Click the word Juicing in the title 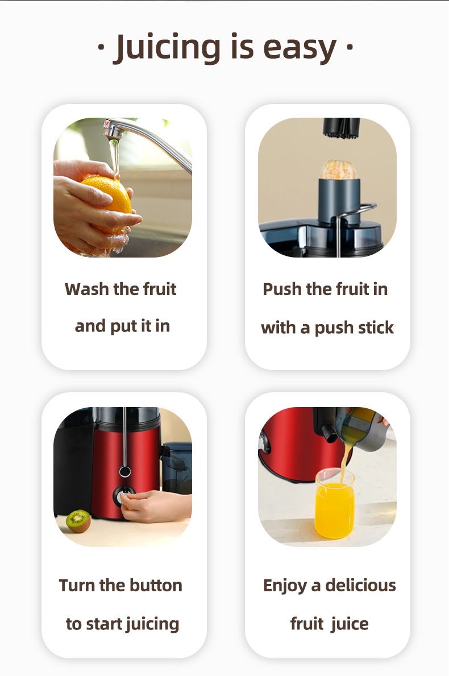[x=167, y=48]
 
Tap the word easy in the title [x=300, y=49]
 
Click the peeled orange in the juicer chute [x=338, y=169]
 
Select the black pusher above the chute [x=342, y=127]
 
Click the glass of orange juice [x=335, y=504]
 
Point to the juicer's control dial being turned [x=122, y=495]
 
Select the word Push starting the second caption [x=282, y=289]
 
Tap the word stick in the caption [x=376, y=327]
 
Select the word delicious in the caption [x=361, y=586]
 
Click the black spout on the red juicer [x=329, y=433]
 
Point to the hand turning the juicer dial [x=156, y=505]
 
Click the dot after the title [x=350, y=45]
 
